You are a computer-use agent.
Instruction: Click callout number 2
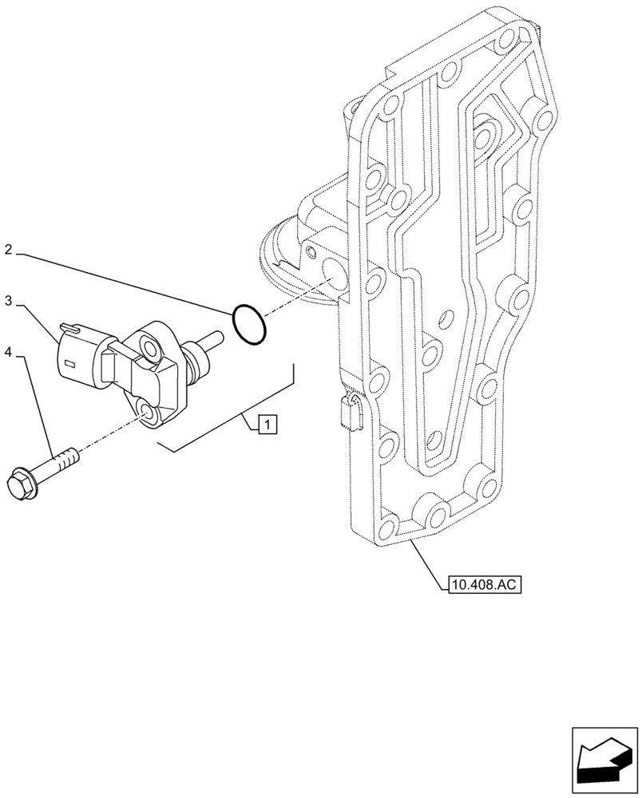tap(8, 250)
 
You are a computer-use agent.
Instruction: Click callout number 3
tap(8, 301)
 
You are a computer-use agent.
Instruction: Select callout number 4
tap(8, 352)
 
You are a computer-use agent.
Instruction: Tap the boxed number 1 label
tap(267, 424)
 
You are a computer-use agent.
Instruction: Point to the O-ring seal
tap(249, 326)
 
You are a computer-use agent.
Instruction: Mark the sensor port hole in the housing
tap(334, 274)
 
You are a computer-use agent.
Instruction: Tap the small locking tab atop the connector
tap(69, 327)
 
